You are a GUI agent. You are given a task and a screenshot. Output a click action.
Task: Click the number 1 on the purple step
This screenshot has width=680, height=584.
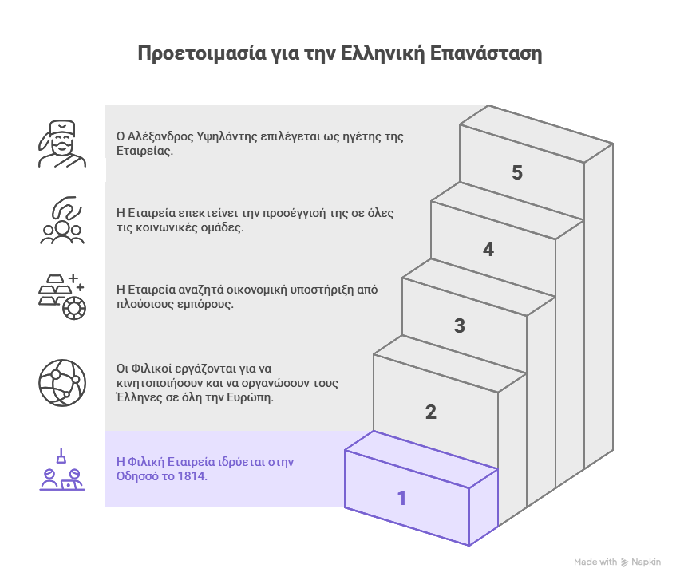pyautogui.click(x=402, y=499)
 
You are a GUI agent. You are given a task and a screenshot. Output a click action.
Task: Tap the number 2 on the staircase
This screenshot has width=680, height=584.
pyautogui.click(x=431, y=412)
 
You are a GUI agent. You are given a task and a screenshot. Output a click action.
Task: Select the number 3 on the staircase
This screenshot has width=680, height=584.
pyautogui.click(x=460, y=326)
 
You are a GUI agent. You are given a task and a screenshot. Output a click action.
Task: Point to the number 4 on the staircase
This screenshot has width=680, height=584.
pyautogui.click(x=488, y=250)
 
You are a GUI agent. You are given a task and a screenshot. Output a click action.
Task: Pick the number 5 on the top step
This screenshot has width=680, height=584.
pyautogui.click(x=517, y=173)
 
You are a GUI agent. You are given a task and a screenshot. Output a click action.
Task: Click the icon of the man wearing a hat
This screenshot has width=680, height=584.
pyautogui.click(x=62, y=144)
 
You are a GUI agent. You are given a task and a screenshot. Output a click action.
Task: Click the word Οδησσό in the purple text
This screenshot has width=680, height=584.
pyautogui.click(x=138, y=476)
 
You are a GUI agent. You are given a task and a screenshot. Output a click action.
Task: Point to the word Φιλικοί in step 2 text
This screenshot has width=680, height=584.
pyautogui.click(x=151, y=368)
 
